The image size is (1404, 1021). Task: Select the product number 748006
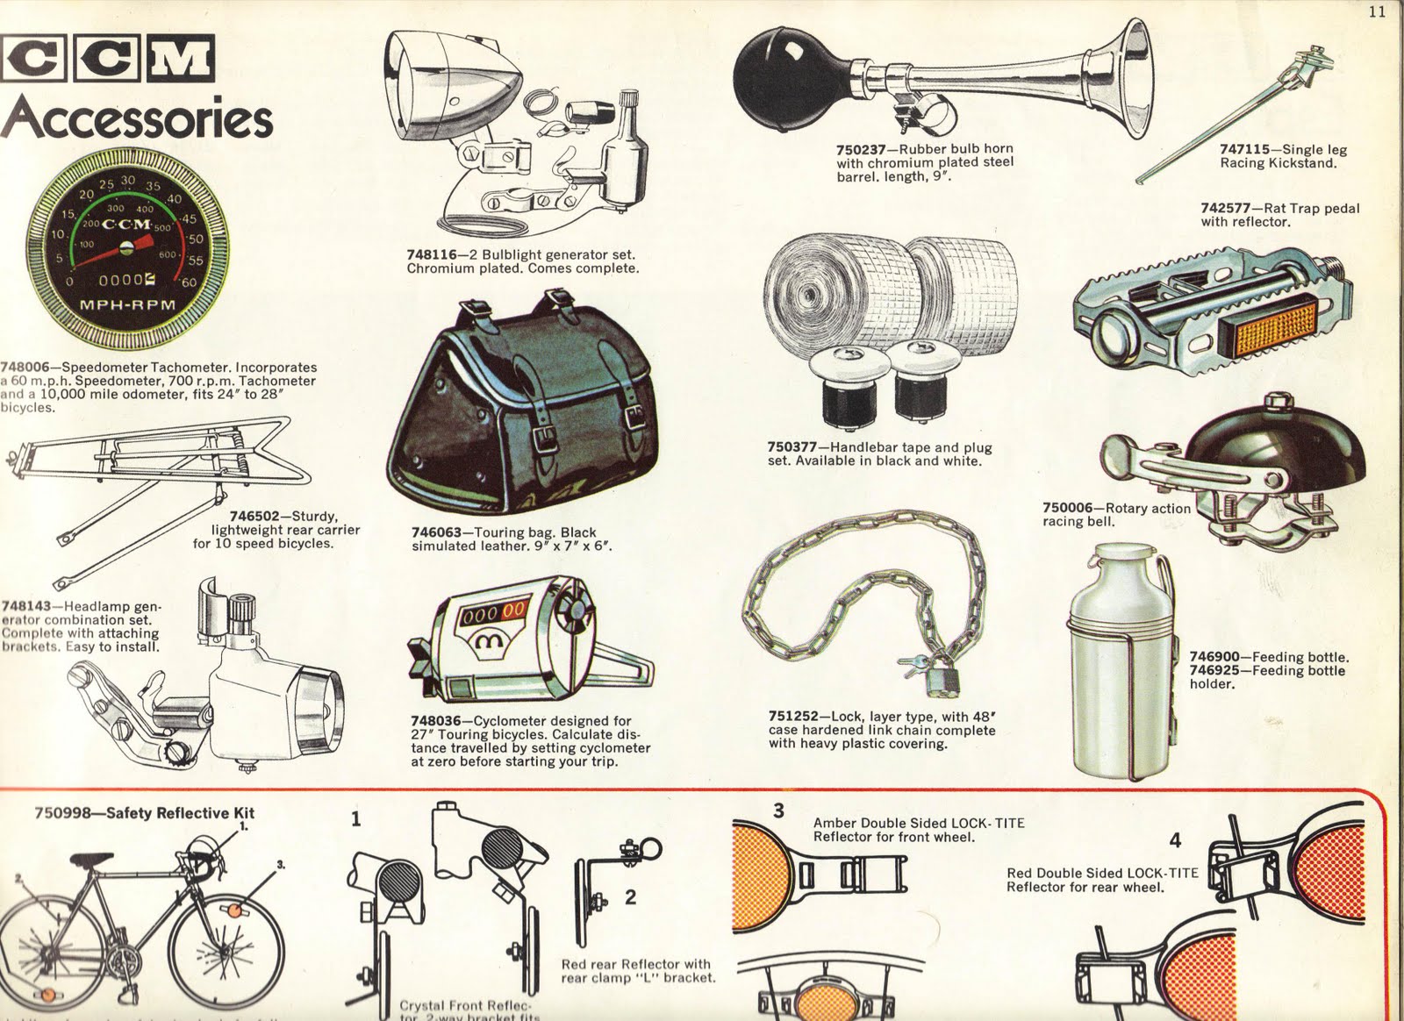(25, 368)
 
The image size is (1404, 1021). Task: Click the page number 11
(1376, 11)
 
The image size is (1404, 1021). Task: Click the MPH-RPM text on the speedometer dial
(127, 305)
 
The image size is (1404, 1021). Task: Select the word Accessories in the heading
(137, 118)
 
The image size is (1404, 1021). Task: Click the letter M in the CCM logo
(181, 59)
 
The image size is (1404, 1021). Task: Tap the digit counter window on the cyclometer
(495, 610)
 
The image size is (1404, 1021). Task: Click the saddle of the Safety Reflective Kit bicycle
(91, 860)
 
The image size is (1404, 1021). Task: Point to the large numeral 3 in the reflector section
(778, 810)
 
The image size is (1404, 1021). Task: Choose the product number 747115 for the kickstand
(1244, 150)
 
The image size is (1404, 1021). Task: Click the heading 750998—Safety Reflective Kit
(144, 813)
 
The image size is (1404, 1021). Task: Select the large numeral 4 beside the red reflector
(1175, 840)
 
